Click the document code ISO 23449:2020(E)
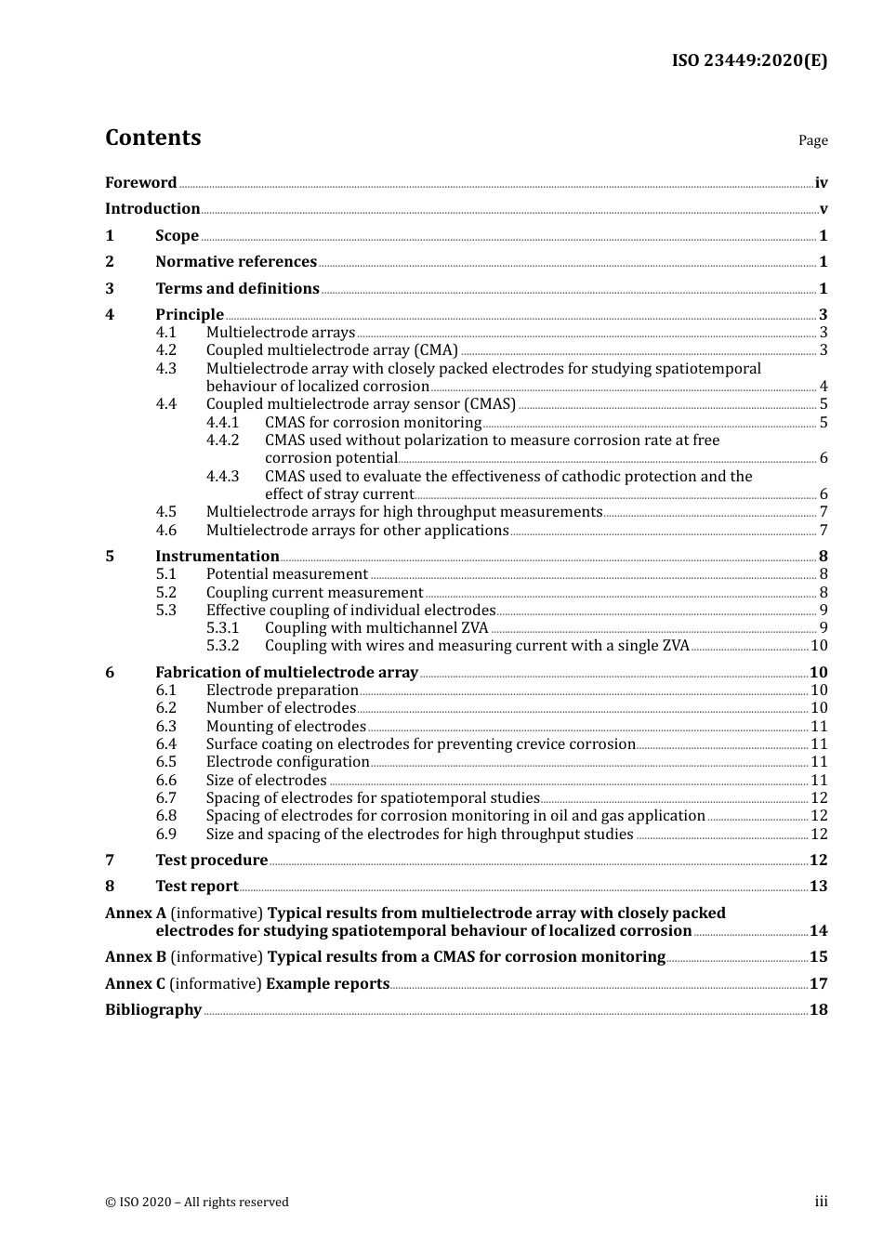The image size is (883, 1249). [x=749, y=60]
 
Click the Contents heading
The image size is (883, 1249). [x=152, y=138]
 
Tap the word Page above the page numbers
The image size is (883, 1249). [x=812, y=140]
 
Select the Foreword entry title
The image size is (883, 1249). [x=140, y=183]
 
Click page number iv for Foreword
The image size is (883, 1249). [x=821, y=183]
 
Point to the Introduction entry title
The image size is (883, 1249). [x=152, y=209]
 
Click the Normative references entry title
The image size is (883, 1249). [x=236, y=262]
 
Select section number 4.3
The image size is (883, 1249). [x=166, y=369]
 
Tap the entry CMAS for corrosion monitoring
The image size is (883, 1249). [x=373, y=423]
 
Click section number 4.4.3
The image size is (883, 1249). [x=222, y=477]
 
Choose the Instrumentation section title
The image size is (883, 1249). [x=217, y=557]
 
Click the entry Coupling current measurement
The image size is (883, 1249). [x=314, y=593]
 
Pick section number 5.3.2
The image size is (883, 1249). [x=222, y=646]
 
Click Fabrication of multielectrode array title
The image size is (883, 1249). [x=286, y=673]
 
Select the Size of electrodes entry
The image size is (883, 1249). [x=266, y=781]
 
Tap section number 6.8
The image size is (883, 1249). [x=166, y=816]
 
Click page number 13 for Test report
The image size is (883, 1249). [x=818, y=887]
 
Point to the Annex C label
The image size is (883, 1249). [x=136, y=984]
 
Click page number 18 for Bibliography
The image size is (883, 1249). [x=818, y=1010]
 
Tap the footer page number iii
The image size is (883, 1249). [x=821, y=1202]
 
